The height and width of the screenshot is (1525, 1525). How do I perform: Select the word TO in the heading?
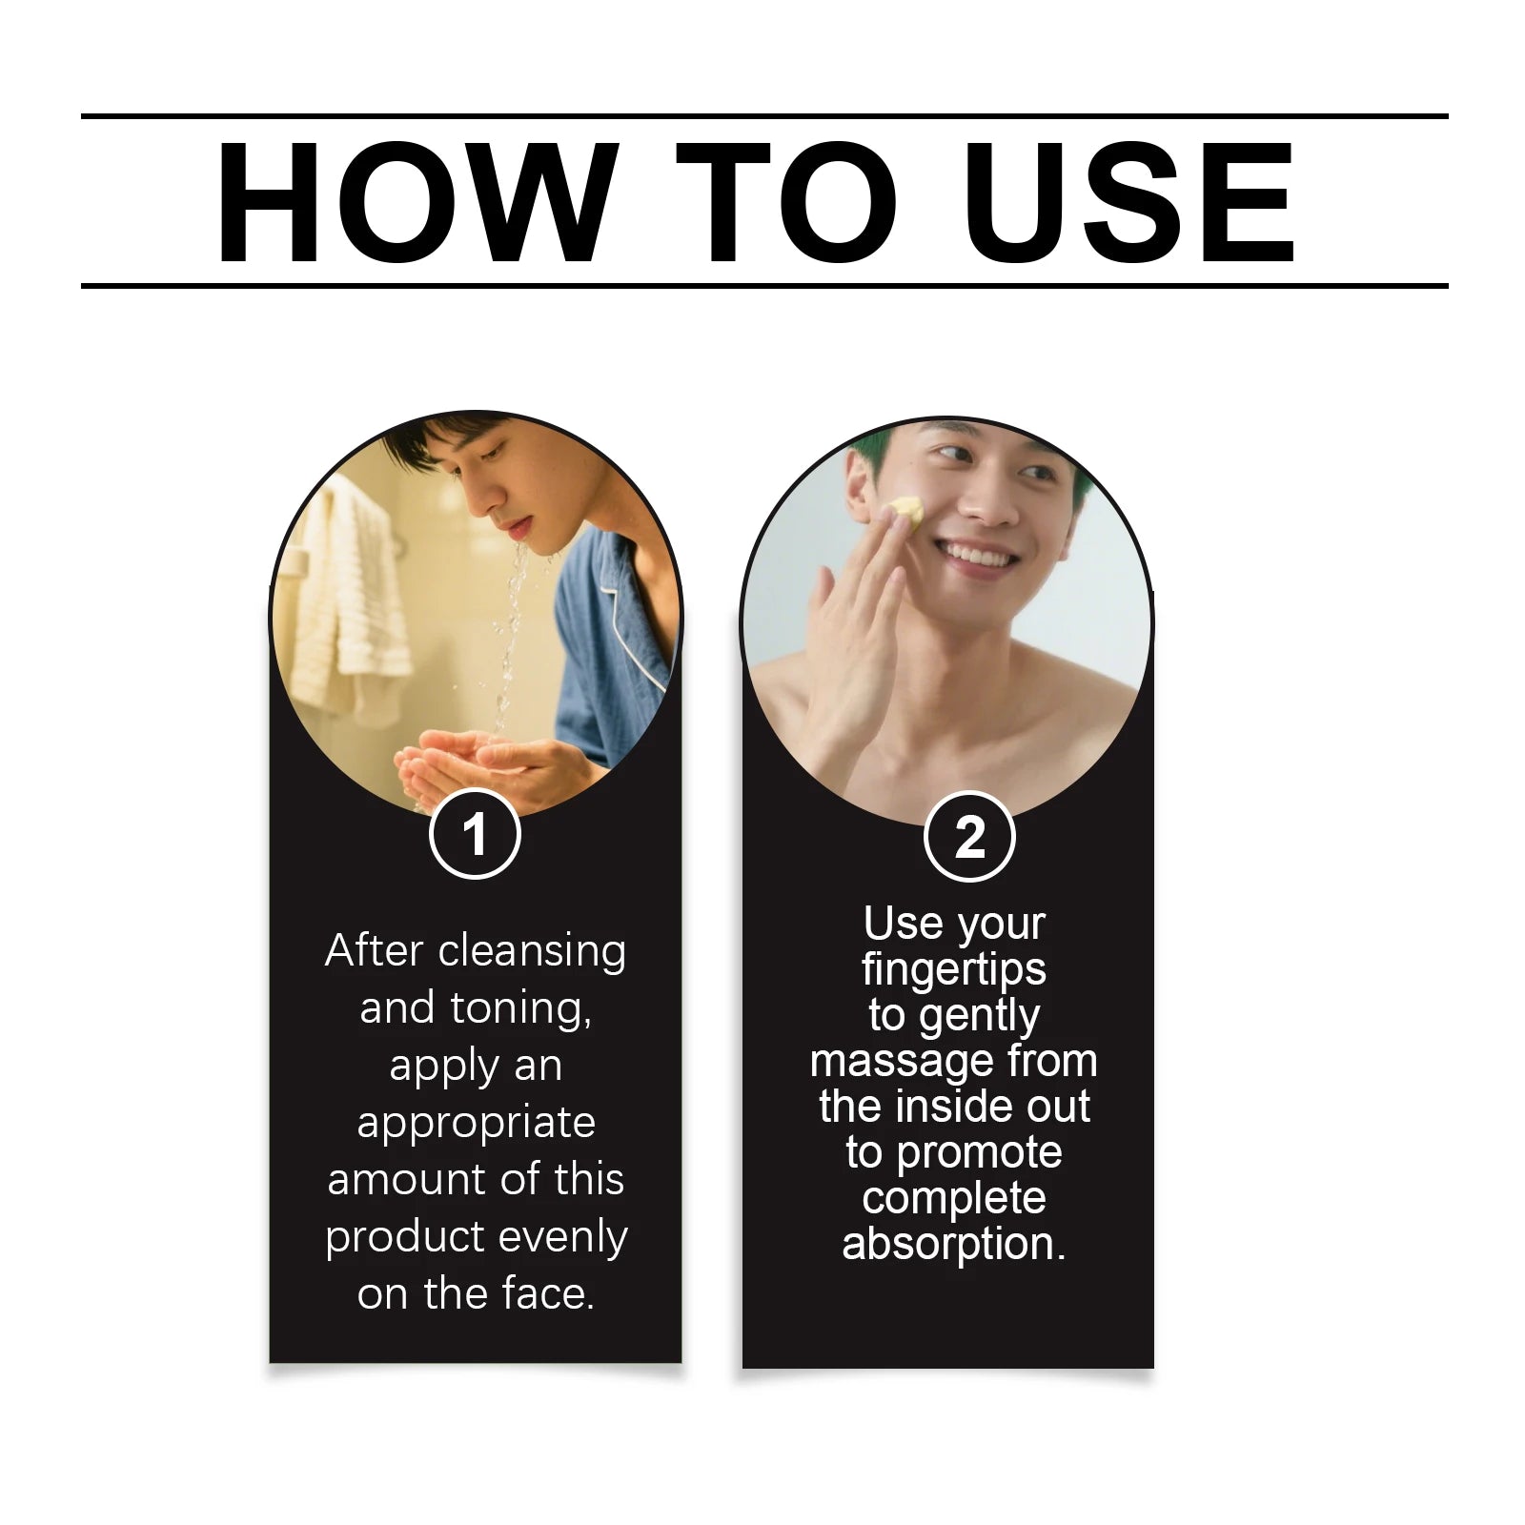pos(787,202)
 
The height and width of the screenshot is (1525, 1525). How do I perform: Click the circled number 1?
pos(475,834)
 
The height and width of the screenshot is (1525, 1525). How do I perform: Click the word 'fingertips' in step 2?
pos(954,970)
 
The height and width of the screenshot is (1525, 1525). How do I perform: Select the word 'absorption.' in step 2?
pos(954,1244)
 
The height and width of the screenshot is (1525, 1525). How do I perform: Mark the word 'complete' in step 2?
pos(954,1199)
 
